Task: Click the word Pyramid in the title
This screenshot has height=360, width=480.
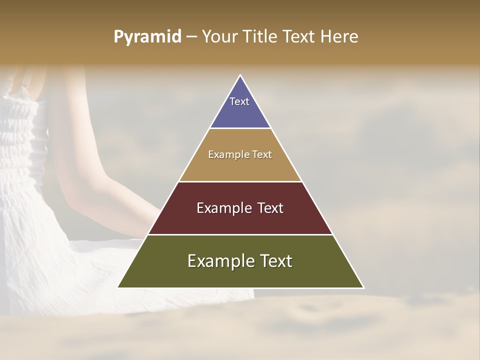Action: pos(147,37)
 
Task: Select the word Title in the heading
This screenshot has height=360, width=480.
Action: pos(261,37)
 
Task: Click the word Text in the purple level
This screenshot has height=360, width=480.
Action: pos(239,101)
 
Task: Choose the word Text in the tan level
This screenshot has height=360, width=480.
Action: pos(262,155)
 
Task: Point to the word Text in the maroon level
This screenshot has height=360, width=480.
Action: pos(270,208)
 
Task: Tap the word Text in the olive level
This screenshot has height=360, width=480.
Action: pos(276,261)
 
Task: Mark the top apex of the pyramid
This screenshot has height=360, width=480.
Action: pos(240,75)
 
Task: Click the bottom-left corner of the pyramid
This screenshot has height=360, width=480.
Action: pos(118,287)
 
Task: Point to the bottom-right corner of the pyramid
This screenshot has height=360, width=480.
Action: pos(363,287)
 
